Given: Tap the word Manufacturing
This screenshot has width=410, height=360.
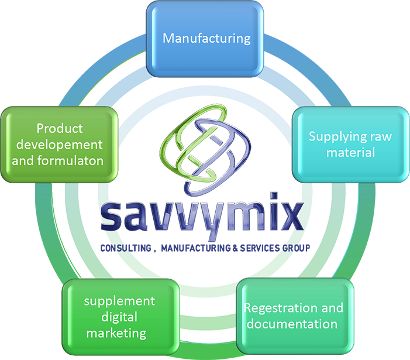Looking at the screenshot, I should pyautogui.click(x=206, y=39).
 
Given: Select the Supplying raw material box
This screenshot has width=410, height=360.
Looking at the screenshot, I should pyautogui.click(x=350, y=145).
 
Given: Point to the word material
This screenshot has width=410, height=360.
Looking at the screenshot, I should pyautogui.click(x=350, y=153).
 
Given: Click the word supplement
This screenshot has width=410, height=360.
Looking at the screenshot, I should pyautogui.click(x=119, y=301).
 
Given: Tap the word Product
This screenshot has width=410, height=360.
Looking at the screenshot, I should pyautogui.click(x=59, y=128).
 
